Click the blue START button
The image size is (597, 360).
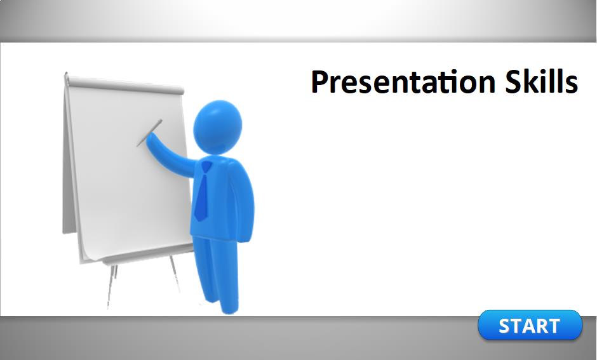click(x=530, y=325)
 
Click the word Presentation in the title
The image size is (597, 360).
click(x=403, y=82)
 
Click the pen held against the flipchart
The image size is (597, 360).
click(x=149, y=133)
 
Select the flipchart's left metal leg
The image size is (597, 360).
click(x=112, y=286)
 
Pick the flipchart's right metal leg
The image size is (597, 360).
click(x=174, y=273)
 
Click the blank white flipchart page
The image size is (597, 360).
click(x=130, y=171)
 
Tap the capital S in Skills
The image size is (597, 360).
click(x=513, y=81)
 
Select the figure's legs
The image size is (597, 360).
click(x=217, y=272)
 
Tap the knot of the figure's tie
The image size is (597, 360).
click(x=206, y=167)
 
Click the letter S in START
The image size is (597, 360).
click(x=505, y=326)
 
